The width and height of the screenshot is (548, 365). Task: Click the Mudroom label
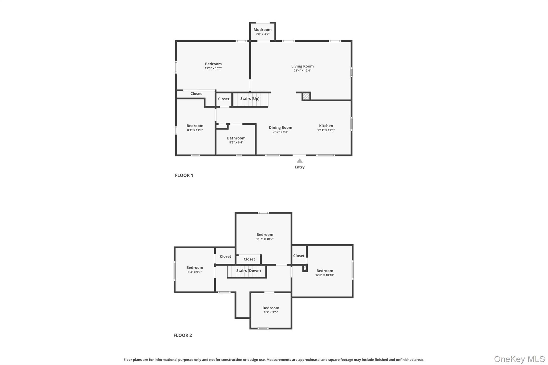[262, 30]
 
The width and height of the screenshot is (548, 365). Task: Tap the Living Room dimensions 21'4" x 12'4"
[302, 71]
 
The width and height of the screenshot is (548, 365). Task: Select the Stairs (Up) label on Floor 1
[250, 99]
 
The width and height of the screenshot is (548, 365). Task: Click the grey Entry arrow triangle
[300, 161]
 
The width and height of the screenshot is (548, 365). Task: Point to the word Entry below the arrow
[300, 167]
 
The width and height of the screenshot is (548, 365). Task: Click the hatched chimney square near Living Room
[306, 96]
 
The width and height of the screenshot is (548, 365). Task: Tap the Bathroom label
[236, 138]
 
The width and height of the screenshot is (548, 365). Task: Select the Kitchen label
[326, 126]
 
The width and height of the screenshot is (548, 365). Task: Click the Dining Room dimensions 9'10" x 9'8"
[280, 132]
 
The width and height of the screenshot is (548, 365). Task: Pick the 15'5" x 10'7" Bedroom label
[213, 64]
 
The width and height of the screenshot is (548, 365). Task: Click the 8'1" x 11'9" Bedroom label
[195, 126]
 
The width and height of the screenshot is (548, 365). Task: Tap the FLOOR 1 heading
[184, 175]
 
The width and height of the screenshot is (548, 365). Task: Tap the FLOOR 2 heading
[183, 335]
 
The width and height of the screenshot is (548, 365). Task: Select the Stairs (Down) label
[248, 271]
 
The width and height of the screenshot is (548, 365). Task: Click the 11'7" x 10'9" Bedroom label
[265, 235]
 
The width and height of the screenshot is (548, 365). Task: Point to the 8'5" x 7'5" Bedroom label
[271, 308]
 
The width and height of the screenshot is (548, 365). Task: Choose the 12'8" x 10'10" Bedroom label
[325, 271]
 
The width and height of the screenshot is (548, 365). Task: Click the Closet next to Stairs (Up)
[224, 99]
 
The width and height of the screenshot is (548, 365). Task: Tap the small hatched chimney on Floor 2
[305, 268]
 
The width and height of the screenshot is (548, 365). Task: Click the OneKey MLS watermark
[519, 359]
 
